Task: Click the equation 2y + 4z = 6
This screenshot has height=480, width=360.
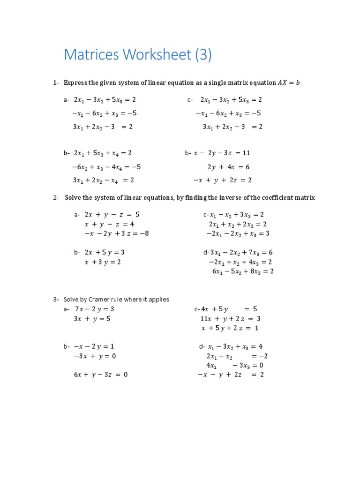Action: pyautogui.click(x=228, y=166)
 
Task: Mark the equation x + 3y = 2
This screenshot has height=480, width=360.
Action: pyautogui.click(x=103, y=262)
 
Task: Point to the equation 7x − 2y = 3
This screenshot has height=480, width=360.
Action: pyautogui.click(x=94, y=309)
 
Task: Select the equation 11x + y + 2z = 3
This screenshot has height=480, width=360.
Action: pyautogui.click(x=230, y=319)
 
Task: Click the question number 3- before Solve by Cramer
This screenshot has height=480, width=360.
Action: pyautogui.click(x=56, y=299)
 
